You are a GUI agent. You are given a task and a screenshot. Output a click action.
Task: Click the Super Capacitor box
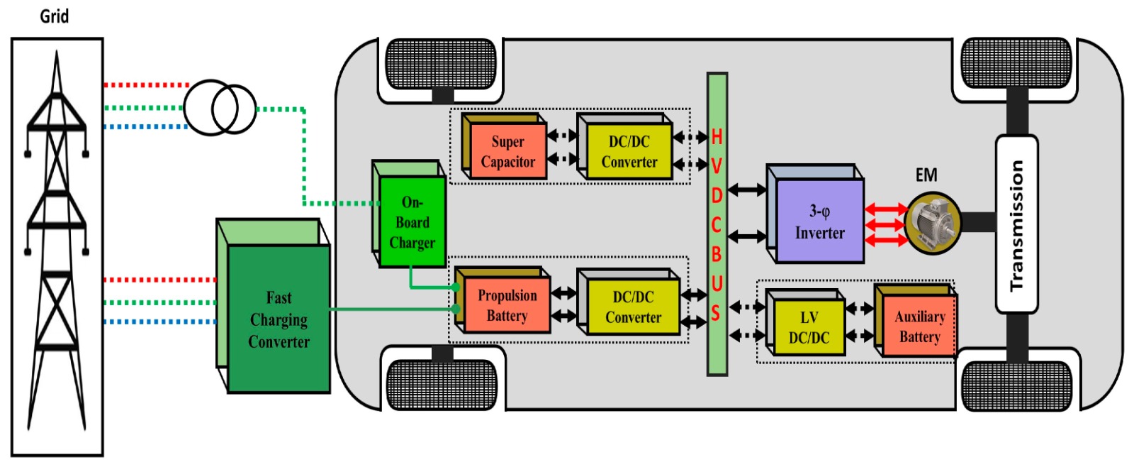pos(507,151)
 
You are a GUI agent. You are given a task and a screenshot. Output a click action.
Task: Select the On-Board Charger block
pos(412,222)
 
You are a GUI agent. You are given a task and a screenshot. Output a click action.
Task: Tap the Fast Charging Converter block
pos(279,319)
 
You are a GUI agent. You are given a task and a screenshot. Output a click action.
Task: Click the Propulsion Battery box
pos(507,306)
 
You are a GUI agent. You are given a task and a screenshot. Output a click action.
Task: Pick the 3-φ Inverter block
pos(820,221)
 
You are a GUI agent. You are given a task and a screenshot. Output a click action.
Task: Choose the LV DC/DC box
pos(809,327)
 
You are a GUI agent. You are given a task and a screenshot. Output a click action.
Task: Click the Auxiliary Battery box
pos(919,326)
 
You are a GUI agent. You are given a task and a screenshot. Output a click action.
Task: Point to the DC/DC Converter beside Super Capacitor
pos(629,152)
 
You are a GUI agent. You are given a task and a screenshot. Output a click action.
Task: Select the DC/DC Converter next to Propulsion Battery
pos(633,307)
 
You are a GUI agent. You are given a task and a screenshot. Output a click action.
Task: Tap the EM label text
pos(926,175)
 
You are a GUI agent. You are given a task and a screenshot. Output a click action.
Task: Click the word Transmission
pos(1016,225)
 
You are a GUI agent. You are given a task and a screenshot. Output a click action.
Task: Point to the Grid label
pos(55,16)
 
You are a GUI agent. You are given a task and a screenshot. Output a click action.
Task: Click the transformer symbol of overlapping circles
pos(220,108)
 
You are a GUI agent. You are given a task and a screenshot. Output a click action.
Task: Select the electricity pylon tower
pos(57,241)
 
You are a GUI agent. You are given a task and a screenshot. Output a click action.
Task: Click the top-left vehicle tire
pos(440,65)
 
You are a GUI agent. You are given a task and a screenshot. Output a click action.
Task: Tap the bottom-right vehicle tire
pos(1016,385)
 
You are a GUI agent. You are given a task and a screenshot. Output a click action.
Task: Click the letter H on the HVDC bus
pos(717,137)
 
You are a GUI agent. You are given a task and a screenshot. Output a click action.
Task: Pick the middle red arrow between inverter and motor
pos(886,225)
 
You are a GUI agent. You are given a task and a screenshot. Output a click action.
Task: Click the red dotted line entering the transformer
pos(145,85)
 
